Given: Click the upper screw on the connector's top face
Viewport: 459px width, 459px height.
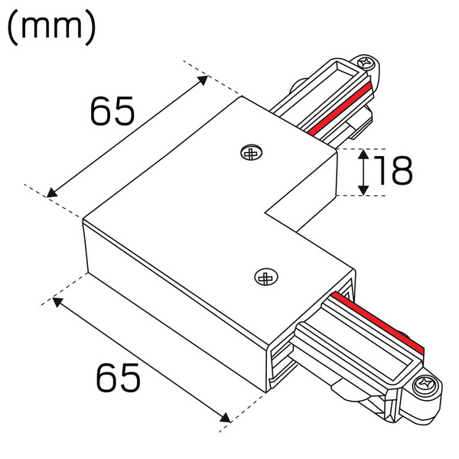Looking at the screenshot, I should click(x=250, y=154).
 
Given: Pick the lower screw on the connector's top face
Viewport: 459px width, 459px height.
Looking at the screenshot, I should click(x=265, y=277).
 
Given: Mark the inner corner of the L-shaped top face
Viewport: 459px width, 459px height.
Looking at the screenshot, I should click(x=265, y=208).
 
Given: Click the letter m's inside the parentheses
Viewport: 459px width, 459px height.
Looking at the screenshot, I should click(x=51, y=29).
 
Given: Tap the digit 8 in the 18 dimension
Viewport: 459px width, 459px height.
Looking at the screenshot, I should click(x=400, y=172).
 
